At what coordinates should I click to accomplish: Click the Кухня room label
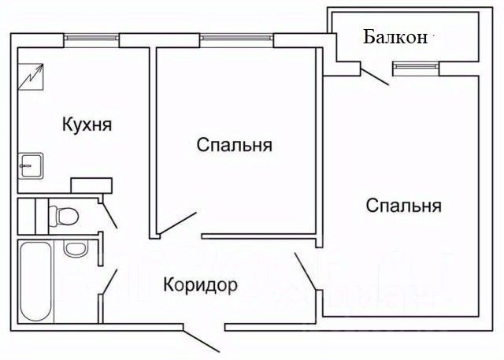tap(87, 124)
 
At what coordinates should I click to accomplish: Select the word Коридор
tap(200, 284)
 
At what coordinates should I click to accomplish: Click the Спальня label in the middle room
tap(235, 145)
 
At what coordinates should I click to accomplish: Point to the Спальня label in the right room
tap(403, 206)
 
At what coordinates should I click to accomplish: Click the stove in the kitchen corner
tap(32, 76)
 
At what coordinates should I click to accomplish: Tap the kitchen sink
tap(31, 165)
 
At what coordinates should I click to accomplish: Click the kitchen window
tap(93, 36)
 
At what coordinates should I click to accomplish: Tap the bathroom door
tap(109, 281)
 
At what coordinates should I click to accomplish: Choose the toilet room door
tap(109, 213)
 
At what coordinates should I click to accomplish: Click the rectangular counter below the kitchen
tap(92, 185)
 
